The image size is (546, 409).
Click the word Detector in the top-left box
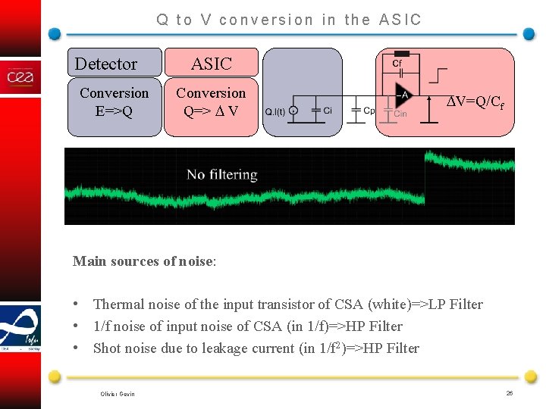(106, 64)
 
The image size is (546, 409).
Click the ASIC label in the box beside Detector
(211, 64)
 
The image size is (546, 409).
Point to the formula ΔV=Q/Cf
(474, 102)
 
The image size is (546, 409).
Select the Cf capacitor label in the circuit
(397, 64)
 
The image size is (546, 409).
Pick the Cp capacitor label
(369, 110)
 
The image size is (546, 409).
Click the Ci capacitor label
(328, 110)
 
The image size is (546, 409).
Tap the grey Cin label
(400, 114)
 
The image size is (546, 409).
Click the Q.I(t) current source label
(275, 112)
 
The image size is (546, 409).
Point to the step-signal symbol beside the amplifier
(438, 75)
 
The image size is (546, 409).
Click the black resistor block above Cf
(403, 54)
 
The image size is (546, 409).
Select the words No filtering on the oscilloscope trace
(222, 175)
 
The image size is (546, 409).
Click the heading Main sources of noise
(144, 261)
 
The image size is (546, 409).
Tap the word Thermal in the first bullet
(118, 304)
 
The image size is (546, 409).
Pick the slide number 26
(510, 393)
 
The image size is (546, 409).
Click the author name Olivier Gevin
(118, 394)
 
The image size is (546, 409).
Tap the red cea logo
(20, 77)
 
